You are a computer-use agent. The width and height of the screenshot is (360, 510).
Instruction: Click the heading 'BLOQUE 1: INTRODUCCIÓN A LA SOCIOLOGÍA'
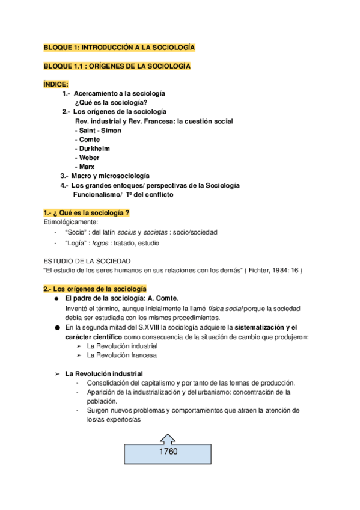(119, 47)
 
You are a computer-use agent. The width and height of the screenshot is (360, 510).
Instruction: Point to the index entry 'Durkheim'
(94, 148)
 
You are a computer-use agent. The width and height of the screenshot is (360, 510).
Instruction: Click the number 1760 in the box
(168, 452)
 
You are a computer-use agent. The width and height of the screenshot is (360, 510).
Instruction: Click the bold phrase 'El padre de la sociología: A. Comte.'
(121, 299)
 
